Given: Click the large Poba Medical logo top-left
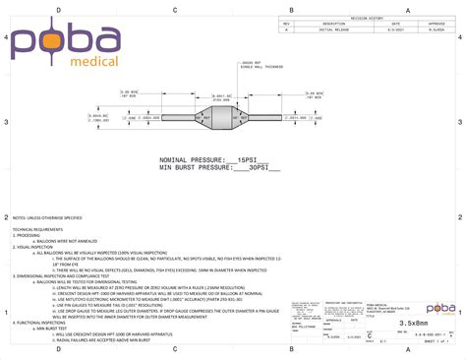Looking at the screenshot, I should click(65, 48).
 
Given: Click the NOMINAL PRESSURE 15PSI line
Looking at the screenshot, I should click(208, 159).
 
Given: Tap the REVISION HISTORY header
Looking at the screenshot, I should click(365, 18).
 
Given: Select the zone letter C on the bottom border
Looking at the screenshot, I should click(174, 353).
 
